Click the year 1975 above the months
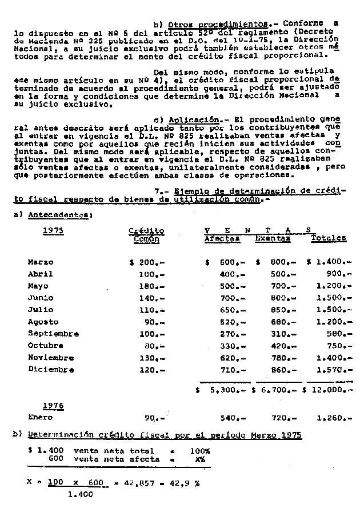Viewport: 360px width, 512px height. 53,230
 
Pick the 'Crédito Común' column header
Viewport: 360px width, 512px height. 146,235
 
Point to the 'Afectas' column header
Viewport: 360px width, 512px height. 222,239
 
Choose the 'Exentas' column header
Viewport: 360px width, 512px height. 273,239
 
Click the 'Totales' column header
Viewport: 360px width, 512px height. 329,239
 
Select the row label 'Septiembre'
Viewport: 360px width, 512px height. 53,334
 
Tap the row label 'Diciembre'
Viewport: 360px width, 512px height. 51,369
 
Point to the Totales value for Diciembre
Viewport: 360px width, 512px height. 331,370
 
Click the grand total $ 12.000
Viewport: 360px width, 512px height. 328,390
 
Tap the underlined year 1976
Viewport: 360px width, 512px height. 53,406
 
